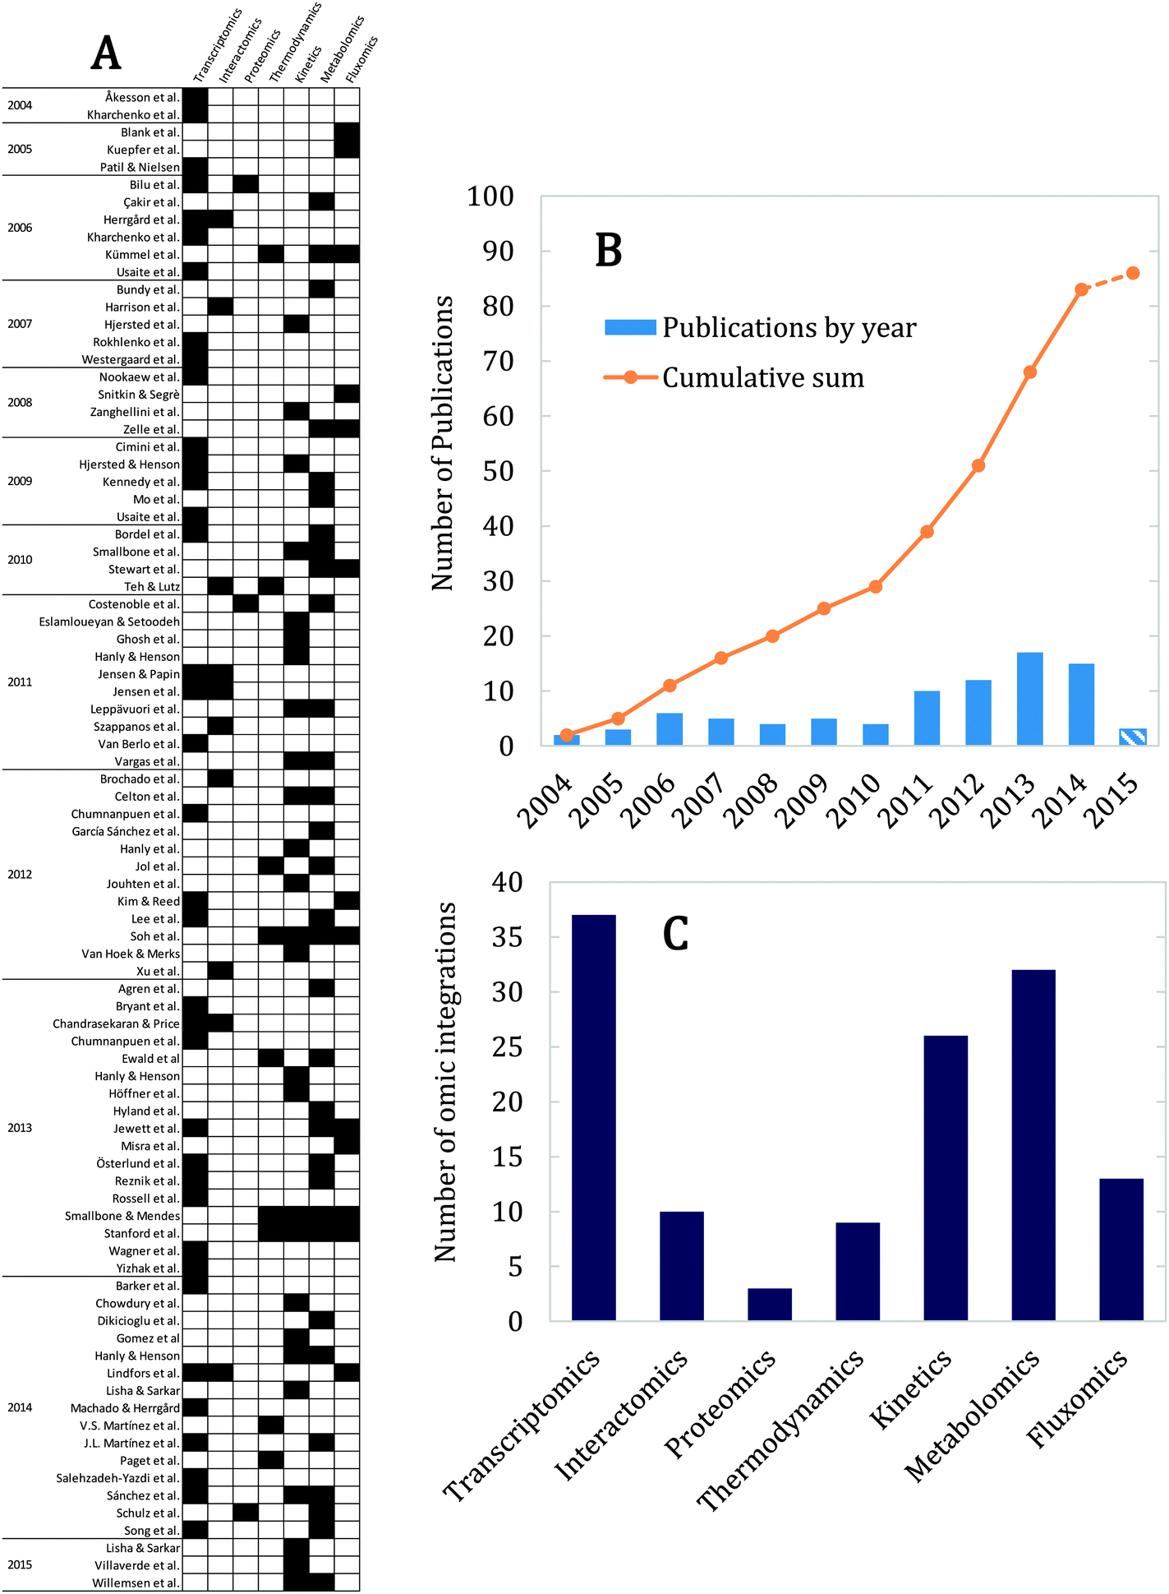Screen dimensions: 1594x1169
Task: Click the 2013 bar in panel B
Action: click(1029, 699)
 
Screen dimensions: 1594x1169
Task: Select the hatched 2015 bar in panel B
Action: click(1133, 737)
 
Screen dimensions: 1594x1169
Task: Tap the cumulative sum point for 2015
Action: click(1133, 273)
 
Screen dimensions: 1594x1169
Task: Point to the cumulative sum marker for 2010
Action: click(876, 586)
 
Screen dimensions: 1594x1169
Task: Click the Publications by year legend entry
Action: click(789, 328)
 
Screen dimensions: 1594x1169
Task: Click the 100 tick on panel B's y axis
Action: click(490, 196)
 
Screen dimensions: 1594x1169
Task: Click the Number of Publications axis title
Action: click(443, 444)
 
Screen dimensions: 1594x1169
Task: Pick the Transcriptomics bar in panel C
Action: click(594, 1118)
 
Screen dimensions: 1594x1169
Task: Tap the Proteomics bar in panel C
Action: click(770, 1304)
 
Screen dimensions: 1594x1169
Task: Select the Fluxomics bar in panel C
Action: click(1121, 1250)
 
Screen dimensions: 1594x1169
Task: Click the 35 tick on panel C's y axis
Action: click(507, 937)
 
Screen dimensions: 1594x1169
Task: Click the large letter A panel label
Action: click(106, 53)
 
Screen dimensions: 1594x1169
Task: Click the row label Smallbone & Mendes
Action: click(122, 1216)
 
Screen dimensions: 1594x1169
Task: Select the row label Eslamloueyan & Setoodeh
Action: click(109, 621)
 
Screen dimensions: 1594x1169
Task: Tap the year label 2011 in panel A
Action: click(20, 681)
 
